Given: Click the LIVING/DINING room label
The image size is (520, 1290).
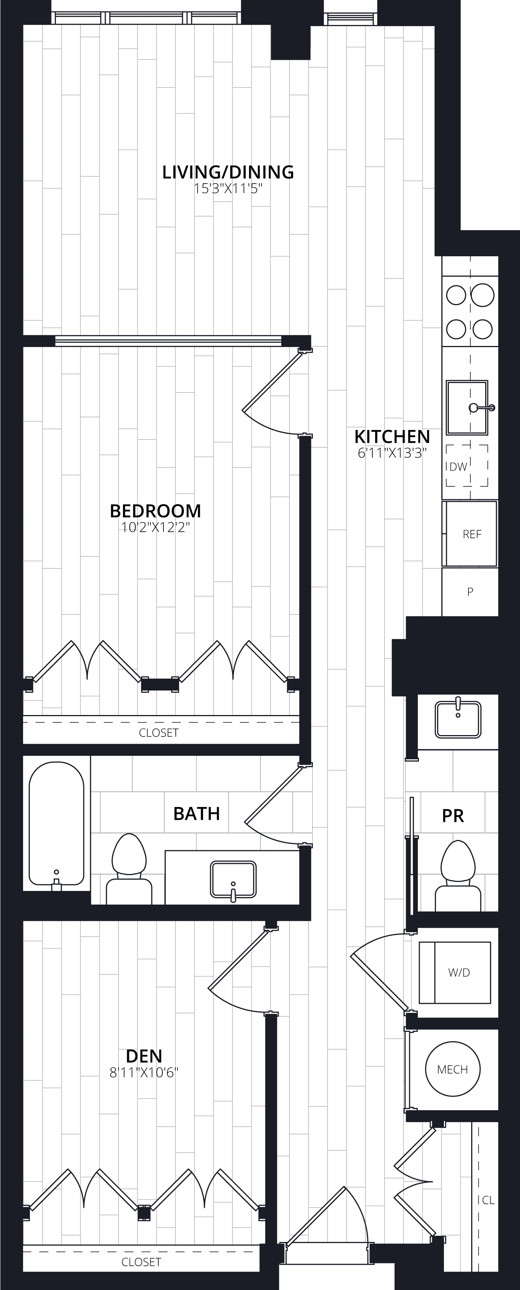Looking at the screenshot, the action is (228, 172).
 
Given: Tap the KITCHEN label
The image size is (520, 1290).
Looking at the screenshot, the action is (392, 437).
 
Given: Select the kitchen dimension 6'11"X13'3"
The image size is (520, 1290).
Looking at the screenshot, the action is (392, 453).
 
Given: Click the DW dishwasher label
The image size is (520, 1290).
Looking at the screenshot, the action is (458, 467).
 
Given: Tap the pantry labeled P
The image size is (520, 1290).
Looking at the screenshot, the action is (470, 591).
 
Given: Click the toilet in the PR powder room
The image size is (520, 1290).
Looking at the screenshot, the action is (458, 876).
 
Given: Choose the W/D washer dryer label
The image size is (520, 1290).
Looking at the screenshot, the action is (459, 972).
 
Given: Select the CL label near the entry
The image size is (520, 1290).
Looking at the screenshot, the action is (488, 1200).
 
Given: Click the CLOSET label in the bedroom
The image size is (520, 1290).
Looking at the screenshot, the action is (159, 733).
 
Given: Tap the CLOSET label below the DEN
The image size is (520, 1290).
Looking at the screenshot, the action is (141, 1262).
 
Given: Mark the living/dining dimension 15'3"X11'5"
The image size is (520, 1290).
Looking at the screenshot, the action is (228, 189).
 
